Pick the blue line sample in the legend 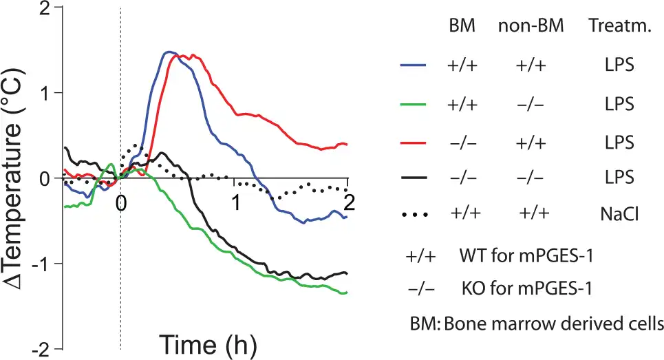coord(414,66)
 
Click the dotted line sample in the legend coord(414,214)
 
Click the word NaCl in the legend coord(616,214)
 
